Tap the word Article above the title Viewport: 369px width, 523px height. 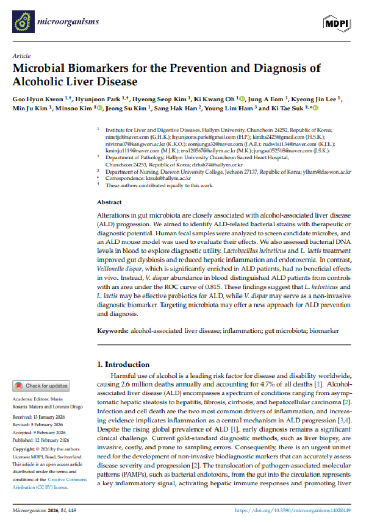click(21, 55)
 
